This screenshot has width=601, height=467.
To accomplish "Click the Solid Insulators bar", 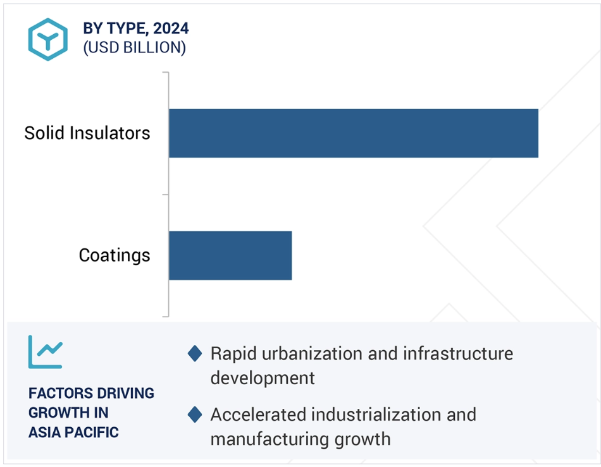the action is (x=354, y=133).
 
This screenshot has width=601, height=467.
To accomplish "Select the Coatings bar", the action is (x=230, y=255).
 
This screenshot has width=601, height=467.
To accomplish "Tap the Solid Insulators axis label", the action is (x=87, y=133).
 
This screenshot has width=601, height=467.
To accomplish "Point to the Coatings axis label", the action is (x=115, y=255).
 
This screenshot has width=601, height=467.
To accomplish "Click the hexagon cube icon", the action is (x=48, y=39).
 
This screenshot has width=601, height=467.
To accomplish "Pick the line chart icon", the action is (x=45, y=352).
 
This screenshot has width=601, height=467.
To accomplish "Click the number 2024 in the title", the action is (x=171, y=28).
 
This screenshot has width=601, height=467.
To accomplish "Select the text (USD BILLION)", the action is (x=135, y=47).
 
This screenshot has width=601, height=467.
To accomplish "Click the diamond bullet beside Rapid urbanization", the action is (x=195, y=353).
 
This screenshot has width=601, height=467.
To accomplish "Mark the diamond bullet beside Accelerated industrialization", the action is (x=195, y=415).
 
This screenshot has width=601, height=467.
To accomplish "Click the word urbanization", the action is (x=313, y=353).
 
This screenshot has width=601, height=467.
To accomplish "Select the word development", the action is (x=263, y=378).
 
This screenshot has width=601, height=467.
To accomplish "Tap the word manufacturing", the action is (x=270, y=439).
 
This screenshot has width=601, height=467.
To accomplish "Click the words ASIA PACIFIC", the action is (x=73, y=432).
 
